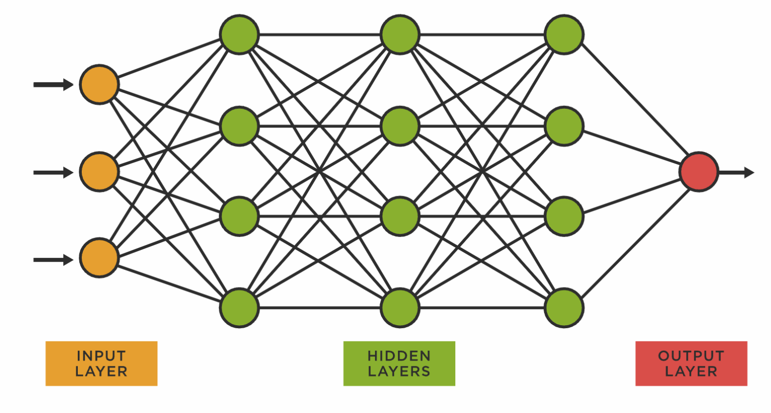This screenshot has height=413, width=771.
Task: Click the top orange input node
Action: click(99, 84)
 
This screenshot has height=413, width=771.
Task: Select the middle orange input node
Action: click(99, 172)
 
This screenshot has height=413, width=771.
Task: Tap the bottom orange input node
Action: click(99, 258)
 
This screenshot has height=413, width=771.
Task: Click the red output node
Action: click(698, 172)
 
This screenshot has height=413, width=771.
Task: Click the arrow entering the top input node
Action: click(53, 85)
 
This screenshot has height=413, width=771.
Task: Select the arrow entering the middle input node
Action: click(53, 173)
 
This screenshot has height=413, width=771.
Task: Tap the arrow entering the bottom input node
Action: click(53, 260)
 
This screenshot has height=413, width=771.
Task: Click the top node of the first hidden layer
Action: click(239, 35)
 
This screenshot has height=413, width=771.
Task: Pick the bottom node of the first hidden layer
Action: click(239, 308)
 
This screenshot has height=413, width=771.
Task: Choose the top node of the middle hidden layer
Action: click(400, 35)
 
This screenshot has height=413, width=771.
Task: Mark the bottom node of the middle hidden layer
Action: click(400, 308)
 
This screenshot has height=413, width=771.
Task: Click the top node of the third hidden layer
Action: click(564, 35)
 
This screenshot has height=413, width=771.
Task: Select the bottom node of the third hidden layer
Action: click(564, 308)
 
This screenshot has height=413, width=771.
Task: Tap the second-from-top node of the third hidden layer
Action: click(564, 126)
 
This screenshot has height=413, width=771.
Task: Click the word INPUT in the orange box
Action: click(101, 356)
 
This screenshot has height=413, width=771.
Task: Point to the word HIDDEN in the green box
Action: click(399, 356)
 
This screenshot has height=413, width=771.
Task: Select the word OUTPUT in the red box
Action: click(691, 356)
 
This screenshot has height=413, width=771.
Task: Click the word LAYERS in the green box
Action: click(399, 372)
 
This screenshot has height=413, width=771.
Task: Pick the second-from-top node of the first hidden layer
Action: click(239, 126)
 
